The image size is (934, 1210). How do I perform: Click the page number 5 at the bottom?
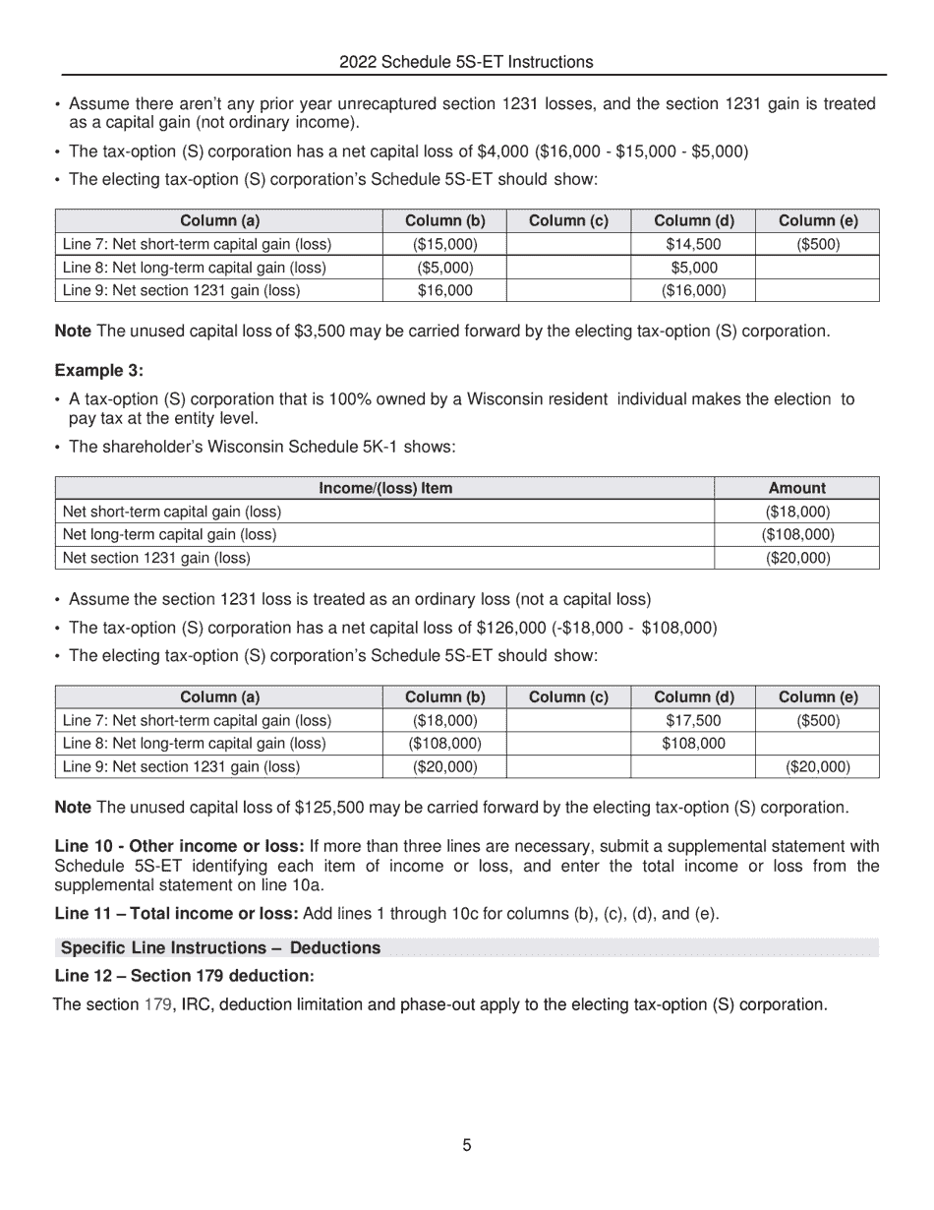467,1145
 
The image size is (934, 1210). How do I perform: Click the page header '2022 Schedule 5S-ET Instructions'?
466,62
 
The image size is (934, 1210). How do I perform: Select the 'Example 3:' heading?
98,371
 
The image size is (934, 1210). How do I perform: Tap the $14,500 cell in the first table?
693,244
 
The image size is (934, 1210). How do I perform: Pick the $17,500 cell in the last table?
693,721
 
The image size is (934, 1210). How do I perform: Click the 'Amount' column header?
796,488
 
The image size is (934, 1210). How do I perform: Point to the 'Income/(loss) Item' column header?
385,488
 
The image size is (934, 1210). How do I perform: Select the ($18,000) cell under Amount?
796,512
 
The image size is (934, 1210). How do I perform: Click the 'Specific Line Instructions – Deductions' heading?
220,948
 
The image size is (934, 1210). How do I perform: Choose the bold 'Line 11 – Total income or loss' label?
176,914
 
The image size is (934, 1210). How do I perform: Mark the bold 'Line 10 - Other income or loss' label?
179,846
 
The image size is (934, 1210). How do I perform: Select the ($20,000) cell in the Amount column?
796,558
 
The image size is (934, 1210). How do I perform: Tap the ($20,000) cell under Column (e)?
818,766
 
